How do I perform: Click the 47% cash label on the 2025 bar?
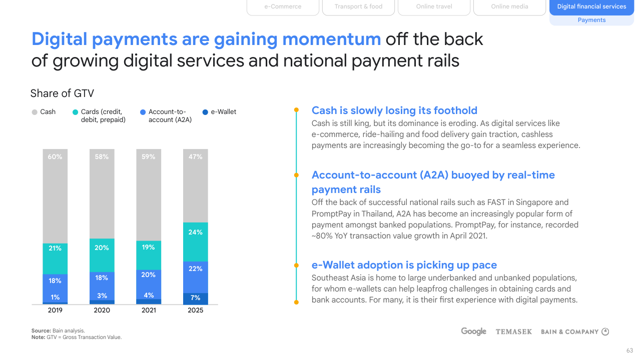pos(196,156)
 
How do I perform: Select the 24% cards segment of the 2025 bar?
pos(196,242)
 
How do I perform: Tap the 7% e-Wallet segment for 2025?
pos(196,298)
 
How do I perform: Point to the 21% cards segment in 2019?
pos(55,258)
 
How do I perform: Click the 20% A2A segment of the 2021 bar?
pos(149,284)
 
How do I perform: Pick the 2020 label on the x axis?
pos(102,310)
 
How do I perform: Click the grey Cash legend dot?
pos(35,112)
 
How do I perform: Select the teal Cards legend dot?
pos(75,112)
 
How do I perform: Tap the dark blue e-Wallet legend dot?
pos(205,112)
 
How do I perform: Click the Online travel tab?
pos(434,7)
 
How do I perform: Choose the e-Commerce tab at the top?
pos(283,7)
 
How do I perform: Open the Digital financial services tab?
pos(592,7)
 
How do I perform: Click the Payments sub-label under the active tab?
pos(592,20)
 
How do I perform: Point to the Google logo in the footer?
pos(473,331)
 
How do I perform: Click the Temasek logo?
pos(514,331)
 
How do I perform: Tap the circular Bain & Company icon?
pos(605,331)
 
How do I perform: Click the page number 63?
pos(629,350)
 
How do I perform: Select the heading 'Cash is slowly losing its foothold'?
pos(394,110)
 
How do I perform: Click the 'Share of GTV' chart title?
pos(62,93)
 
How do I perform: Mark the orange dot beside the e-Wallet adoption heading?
pos(296,265)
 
